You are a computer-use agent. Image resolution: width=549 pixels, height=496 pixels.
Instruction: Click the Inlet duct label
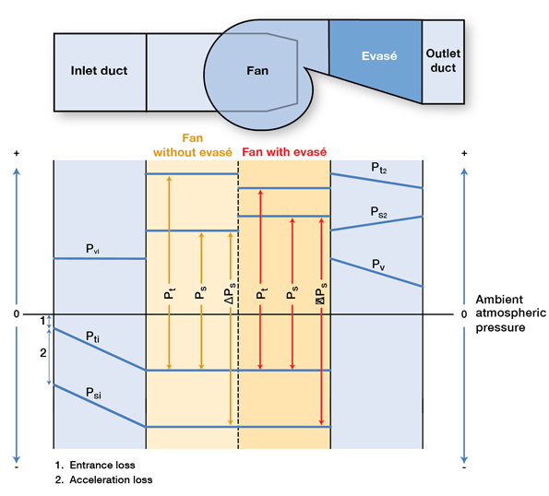[99, 70]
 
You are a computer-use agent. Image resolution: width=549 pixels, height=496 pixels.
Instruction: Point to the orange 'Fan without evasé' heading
[191, 145]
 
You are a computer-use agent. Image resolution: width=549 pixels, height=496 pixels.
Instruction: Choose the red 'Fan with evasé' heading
[284, 151]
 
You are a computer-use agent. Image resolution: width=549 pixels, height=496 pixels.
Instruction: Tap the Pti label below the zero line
[93, 337]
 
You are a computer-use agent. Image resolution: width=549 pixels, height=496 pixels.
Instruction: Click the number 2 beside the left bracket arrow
[42, 353]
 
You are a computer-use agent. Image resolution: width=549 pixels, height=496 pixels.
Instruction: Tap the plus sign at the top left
[17, 151]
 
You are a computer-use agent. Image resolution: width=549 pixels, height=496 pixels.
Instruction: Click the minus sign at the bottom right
[465, 467]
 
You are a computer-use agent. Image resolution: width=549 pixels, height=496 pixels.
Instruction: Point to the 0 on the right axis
[464, 314]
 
